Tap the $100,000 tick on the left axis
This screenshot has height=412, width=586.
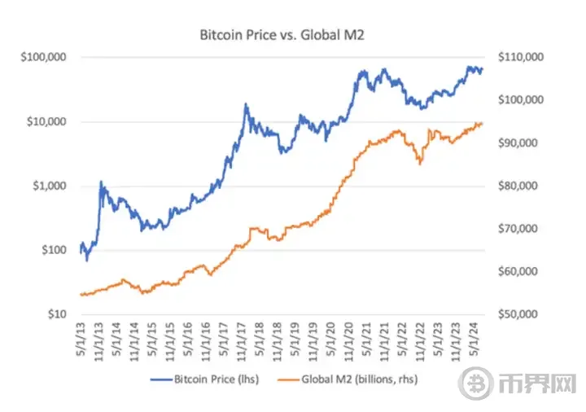pos(43,58)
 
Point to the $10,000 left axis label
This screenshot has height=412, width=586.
pos(46,122)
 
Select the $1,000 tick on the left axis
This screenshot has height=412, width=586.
pos(48,186)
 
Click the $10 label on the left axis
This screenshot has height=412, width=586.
pos(54,314)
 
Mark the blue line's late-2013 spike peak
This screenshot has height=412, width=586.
pos(101,182)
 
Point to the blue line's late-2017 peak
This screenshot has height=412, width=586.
pos(245,104)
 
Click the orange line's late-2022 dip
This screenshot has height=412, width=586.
pos(420,164)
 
